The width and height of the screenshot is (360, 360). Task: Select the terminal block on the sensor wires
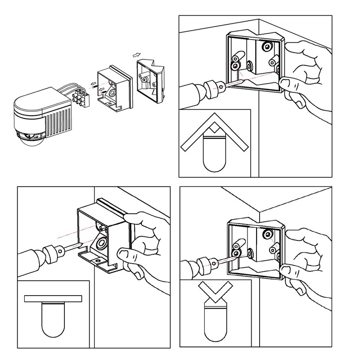[x=81, y=96]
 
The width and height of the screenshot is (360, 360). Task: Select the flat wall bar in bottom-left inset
[x=53, y=298]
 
